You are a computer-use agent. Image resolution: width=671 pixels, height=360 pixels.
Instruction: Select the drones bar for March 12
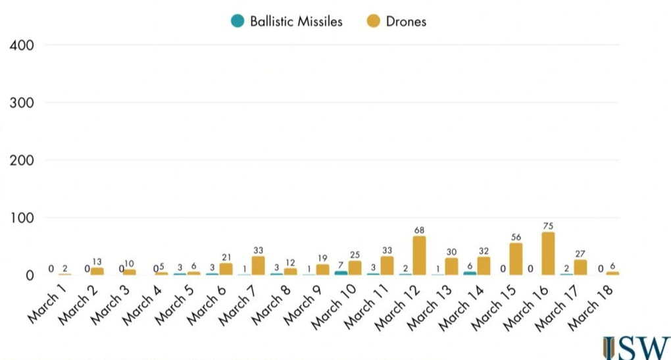point(419,255)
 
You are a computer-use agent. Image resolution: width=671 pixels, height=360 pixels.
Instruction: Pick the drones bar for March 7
point(258,265)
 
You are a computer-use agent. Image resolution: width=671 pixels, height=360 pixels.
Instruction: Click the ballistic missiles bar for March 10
point(341,272)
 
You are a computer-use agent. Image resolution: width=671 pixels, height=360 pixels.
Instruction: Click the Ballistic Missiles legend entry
point(287,21)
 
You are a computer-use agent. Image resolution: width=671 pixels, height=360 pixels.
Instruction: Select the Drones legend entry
point(396,21)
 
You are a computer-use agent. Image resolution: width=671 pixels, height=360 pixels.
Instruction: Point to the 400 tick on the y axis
point(22,45)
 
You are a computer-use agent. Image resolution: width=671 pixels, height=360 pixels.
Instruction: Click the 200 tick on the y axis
point(22,160)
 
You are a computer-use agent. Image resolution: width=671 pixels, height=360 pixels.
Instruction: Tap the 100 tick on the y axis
point(22,218)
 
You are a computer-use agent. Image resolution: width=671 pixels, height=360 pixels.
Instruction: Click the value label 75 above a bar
point(548,226)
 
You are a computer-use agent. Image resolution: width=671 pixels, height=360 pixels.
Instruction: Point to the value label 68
point(419,230)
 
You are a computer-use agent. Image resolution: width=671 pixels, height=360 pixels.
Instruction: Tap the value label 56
point(516,237)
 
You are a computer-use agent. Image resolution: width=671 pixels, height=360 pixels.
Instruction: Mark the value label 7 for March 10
point(341,264)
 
